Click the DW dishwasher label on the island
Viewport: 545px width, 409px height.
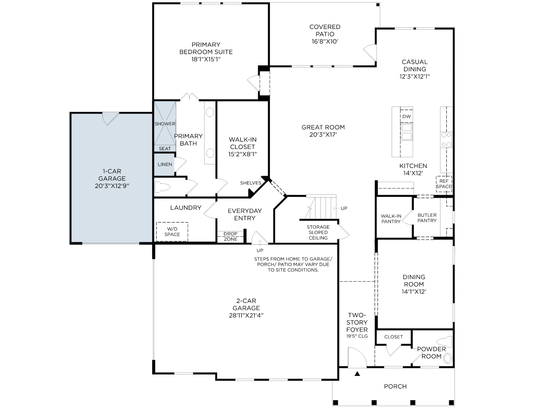click(x=406, y=117)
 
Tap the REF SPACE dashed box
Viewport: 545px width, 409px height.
click(x=444, y=184)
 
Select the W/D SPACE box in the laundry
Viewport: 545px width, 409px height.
click(x=172, y=232)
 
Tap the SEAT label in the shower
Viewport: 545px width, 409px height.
click(x=165, y=149)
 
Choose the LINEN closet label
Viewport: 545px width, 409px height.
click(x=165, y=164)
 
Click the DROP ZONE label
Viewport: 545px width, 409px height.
click(x=231, y=237)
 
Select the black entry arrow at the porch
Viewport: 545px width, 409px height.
click(x=357, y=373)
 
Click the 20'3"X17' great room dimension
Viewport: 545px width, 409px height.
click(x=323, y=135)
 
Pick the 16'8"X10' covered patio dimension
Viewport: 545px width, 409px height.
click(x=325, y=42)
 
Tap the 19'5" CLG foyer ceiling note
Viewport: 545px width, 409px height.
click(x=357, y=336)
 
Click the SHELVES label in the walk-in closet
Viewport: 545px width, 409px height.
click(x=250, y=183)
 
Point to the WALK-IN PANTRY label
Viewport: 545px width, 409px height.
click(x=391, y=219)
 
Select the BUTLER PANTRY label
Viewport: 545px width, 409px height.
click(x=427, y=218)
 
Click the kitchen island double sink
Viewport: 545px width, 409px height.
click(x=407, y=132)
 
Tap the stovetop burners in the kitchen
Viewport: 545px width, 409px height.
click(x=446, y=140)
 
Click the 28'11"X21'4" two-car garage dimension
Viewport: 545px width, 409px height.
click(x=246, y=315)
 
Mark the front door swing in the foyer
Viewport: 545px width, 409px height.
click(x=357, y=357)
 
